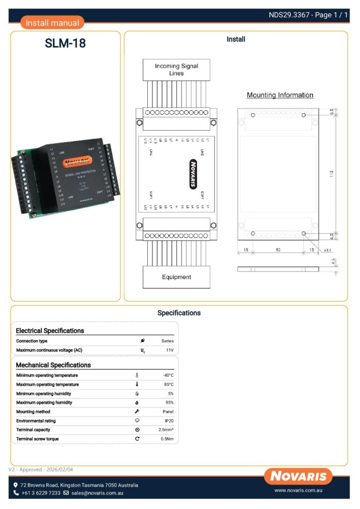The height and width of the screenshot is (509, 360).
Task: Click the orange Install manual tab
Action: pyautogui.click(x=52, y=23)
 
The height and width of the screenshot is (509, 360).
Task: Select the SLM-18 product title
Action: pyautogui.click(x=65, y=44)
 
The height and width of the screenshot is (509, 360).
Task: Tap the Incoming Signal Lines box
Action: pyautogui.click(x=176, y=70)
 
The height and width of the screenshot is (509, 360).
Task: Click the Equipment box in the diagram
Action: pyautogui.click(x=176, y=277)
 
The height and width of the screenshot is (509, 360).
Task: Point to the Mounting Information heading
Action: pyautogui.click(x=280, y=95)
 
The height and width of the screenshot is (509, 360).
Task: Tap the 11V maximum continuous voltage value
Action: pyautogui.click(x=169, y=350)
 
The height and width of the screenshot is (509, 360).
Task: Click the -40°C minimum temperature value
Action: pyautogui.click(x=168, y=375)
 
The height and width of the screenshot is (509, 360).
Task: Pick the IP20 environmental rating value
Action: pyautogui.click(x=169, y=421)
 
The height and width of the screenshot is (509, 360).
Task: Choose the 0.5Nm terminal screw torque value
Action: pyautogui.click(x=167, y=439)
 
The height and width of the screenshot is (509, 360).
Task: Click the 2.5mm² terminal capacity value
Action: pyautogui.click(x=166, y=429)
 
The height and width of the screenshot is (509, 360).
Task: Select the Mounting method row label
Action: pyautogui.click(x=33, y=412)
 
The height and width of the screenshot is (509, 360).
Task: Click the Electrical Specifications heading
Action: pyautogui.click(x=50, y=331)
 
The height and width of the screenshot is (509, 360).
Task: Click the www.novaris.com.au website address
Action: pyautogui.click(x=299, y=491)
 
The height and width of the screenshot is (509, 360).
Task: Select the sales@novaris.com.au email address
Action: pyautogui.click(x=97, y=493)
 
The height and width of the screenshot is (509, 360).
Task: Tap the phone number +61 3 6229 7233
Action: pyautogui.click(x=41, y=493)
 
